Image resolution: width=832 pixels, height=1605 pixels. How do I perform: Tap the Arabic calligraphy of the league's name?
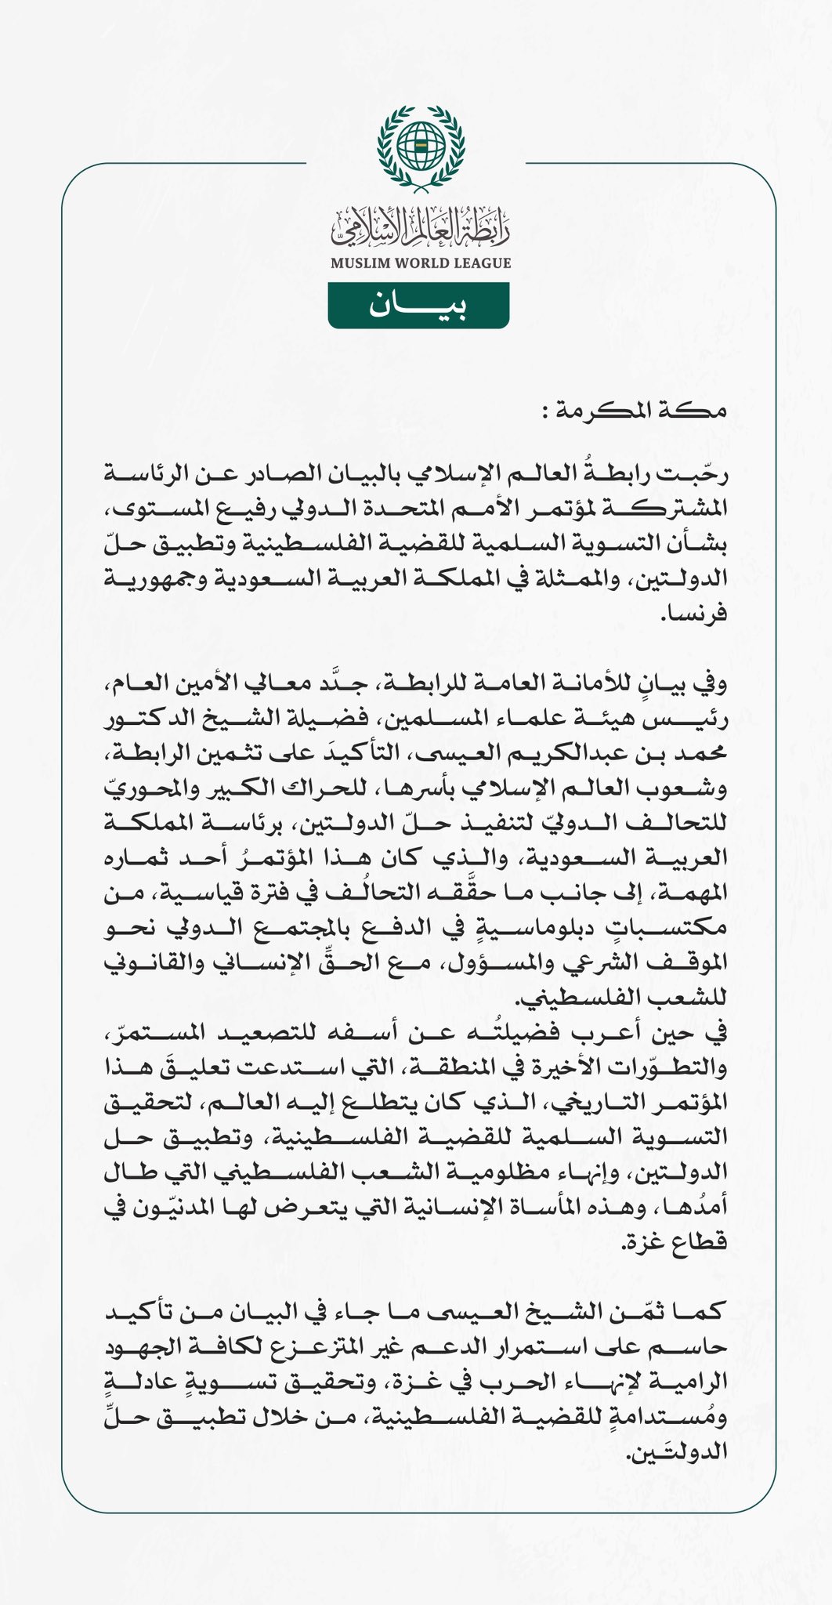[x=420, y=227]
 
